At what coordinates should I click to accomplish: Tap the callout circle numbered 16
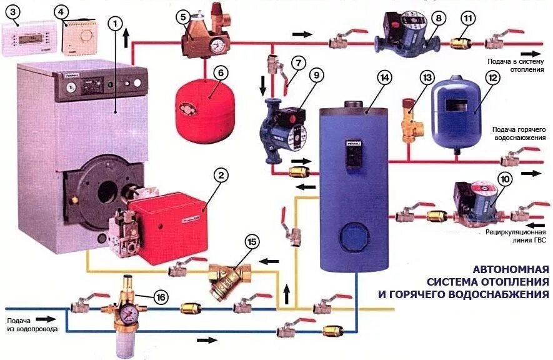[161, 297]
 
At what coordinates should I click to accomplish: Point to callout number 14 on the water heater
[384, 77]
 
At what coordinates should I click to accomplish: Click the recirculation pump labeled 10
[478, 202]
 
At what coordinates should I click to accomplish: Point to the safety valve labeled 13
[409, 118]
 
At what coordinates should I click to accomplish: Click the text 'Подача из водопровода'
[32, 324]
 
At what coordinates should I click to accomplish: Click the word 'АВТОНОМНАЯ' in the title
[510, 270]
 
